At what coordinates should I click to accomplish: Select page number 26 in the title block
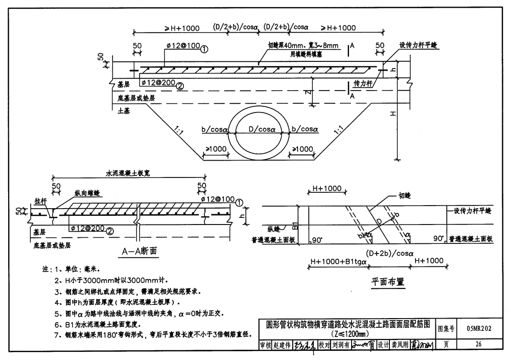(478, 344)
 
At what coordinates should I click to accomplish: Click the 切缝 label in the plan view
(405, 196)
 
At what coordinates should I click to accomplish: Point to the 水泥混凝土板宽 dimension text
(128, 173)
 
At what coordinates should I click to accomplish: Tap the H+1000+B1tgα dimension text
(339, 261)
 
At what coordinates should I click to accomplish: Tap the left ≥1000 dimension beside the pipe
(216, 149)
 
